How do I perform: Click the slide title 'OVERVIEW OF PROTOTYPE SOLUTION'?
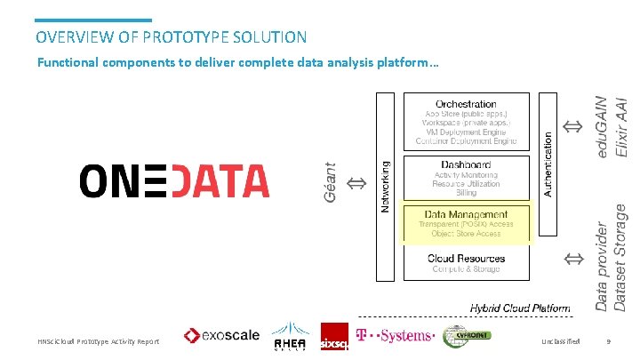point(172,37)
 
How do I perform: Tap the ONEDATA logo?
point(174,180)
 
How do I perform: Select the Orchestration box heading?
point(466,104)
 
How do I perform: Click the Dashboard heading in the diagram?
point(466,165)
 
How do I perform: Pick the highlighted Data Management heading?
point(466,214)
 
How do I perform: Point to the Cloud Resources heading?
point(466,259)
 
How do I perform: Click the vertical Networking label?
point(385,187)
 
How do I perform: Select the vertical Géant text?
point(331,181)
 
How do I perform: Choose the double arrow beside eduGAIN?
point(574,127)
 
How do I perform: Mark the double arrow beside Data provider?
point(574,259)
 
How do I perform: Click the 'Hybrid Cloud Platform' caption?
point(520,308)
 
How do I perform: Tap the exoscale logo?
point(222,335)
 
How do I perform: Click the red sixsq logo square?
point(334,336)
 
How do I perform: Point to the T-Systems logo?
point(395,336)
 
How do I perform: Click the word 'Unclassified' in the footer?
point(560,341)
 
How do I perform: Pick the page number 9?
point(608,341)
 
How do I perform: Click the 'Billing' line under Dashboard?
point(466,193)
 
